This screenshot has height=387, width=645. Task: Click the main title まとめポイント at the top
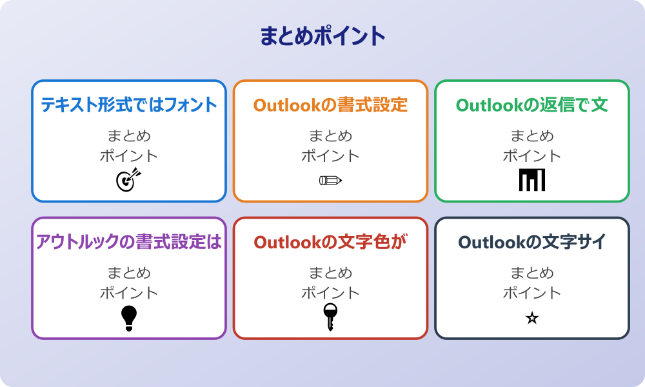click(322, 36)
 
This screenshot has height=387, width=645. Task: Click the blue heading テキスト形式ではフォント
click(129, 105)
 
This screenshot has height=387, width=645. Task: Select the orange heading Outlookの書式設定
click(330, 105)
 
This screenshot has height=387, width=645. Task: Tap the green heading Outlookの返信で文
click(532, 105)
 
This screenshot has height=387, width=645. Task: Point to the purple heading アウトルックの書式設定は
click(129, 242)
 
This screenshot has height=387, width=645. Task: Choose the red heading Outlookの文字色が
click(330, 242)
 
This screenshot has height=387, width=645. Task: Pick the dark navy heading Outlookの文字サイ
click(532, 242)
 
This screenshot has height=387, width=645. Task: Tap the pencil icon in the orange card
click(330, 180)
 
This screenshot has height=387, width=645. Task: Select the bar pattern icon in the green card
click(532, 180)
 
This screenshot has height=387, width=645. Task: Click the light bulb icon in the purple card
click(129, 317)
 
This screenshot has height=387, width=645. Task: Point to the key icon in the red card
click(330, 317)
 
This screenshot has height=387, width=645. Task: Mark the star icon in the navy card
click(532, 318)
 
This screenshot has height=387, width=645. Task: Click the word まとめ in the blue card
click(129, 136)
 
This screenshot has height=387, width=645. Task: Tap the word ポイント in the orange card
click(330, 156)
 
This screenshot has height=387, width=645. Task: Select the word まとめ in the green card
click(532, 136)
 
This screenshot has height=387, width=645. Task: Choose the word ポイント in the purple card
click(129, 293)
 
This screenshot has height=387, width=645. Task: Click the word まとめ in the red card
click(330, 273)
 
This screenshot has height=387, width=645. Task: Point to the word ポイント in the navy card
click(532, 293)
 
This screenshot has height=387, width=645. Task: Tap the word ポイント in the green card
click(532, 156)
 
